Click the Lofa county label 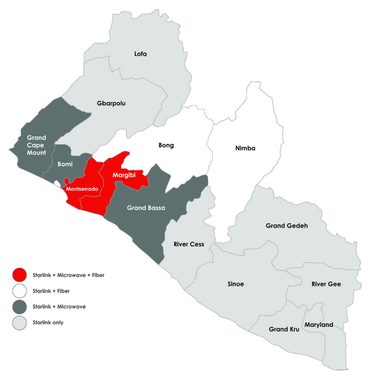click(x=140, y=54)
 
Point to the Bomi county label click(x=65, y=164)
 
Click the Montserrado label click(x=82, y=189)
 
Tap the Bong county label click(x=166, y=145)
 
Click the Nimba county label click(x=245, y=148)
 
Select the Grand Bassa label click(x=146, y=208)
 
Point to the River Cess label click(x=189, y=244)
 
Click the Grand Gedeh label click(x=287, y=225)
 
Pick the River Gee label click(x=326, y=284)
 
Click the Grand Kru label click(x=284, y=329)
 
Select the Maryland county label click(x=319, y=325)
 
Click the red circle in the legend click(x=19, y=275)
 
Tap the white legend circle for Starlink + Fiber click(x=19, y=291)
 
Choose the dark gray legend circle click(x=19, y=307)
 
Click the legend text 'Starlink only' click(x=48, y=323)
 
